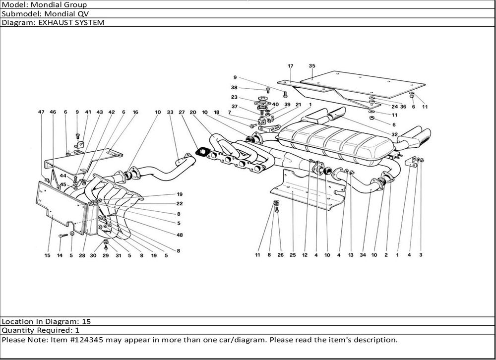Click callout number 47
(x=42, y=113)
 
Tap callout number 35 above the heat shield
(x=312, y=66)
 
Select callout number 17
(x=291, y=66)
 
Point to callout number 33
(x=170, y=113)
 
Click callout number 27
(x=182, y=113)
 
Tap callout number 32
(x=394, y=134)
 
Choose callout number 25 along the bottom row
(x=293, y=255)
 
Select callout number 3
(x=421, y=255)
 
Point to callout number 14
(x=60, y=255)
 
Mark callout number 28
(x=81, y=255)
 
